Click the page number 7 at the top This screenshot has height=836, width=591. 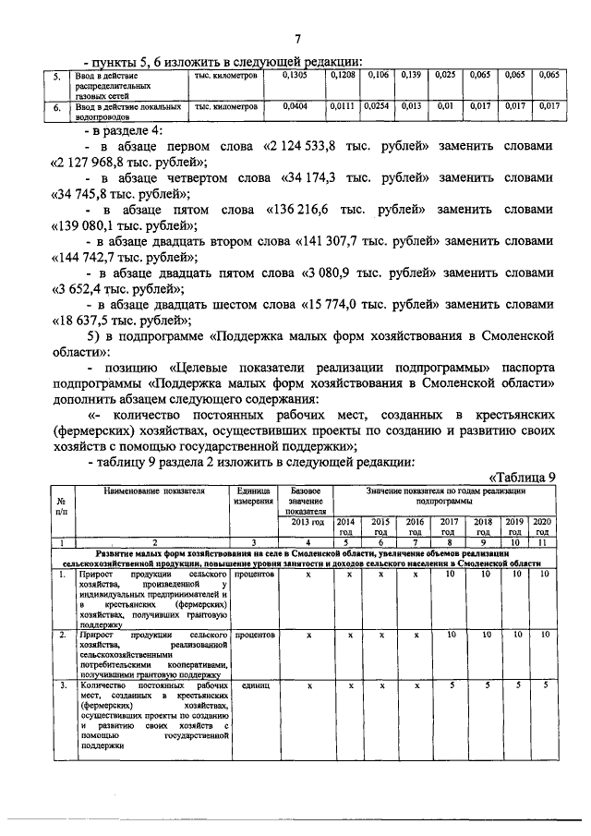(x=297, y=39)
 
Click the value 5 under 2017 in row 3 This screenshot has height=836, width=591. (x=450, y=685)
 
